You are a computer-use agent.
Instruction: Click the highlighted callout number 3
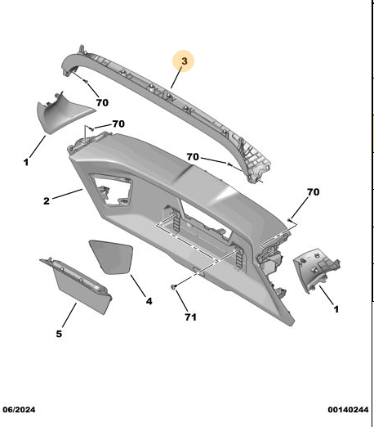184,61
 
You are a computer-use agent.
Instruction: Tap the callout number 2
47,201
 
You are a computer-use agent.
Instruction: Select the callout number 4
149,301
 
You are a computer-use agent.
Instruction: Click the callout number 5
59,334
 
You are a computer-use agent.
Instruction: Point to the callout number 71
190,317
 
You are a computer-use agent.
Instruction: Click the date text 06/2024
19,410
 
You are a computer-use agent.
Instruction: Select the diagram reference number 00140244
348,410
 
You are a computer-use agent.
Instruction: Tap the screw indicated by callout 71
173,286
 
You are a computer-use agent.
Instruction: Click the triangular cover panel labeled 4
111,256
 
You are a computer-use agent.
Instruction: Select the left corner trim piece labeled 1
63,113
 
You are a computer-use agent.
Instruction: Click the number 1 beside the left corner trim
26,162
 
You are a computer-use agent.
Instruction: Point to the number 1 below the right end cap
336,309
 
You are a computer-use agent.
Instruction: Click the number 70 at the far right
313,192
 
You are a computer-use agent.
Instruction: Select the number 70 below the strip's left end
102,102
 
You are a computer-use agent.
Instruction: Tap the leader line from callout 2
67,194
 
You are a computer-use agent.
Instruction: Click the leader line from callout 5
69,315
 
